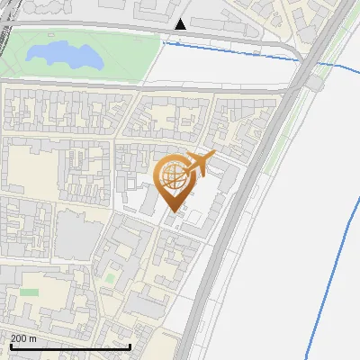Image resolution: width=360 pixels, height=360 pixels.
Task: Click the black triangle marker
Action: click(182, 24)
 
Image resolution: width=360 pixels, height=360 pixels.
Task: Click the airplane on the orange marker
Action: click(199, 164)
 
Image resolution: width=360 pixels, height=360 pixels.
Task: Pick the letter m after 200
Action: click(32, 338)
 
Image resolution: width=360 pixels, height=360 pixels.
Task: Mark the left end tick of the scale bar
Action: click(10, 346)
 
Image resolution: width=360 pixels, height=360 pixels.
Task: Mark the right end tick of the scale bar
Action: click(130, 346)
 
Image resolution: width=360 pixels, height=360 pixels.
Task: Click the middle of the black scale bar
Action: click(70, 346)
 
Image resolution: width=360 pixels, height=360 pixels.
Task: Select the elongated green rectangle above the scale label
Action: click(30, 292)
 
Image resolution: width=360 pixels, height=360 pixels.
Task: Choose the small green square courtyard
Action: click(112, 279)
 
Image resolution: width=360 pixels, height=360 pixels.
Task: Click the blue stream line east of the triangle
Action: click(234, 49)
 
